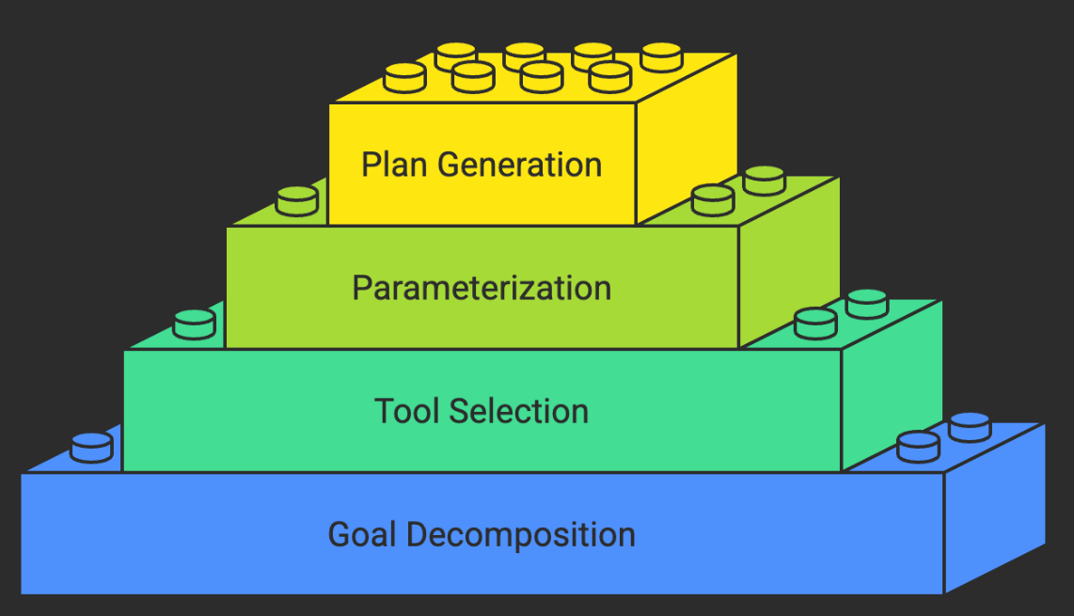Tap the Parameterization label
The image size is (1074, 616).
tap(482, 287)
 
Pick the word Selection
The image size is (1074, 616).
tap(519, 411)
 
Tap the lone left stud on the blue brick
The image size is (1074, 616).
tap(91, 447)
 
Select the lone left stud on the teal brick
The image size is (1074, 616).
tap(195, 324)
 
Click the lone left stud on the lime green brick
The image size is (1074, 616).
tap(298, 200)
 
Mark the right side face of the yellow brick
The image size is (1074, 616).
tap(685, 141)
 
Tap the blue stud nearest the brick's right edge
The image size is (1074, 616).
tap(970, 427)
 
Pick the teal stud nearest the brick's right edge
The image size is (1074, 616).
tap(866, 303)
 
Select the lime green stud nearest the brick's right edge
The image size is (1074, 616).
tap(764, 180)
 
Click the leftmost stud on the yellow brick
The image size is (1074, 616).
tap(405, 77)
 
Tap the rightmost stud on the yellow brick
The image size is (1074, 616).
tap(661, 56)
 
